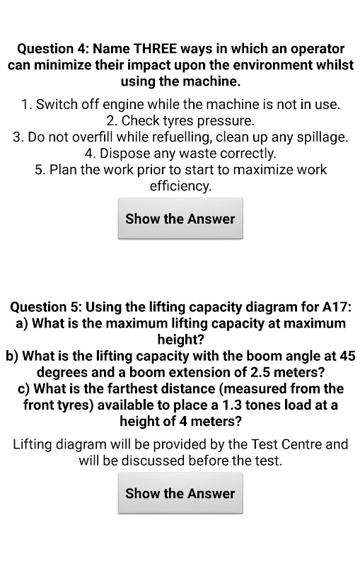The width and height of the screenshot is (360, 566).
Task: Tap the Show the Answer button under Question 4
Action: (x=180, y=219)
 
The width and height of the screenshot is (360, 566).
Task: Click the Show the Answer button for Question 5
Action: (x=180, y=493)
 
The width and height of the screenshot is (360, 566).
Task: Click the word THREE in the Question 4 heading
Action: (x=155, y=48)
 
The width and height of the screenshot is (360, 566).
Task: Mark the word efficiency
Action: (x=180, y=187)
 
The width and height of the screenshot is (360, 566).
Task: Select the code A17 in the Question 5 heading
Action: (x=336, y=307)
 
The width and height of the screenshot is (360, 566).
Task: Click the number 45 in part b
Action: (x=348, y=357)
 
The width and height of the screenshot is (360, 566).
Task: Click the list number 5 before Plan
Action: (x=40, y=170)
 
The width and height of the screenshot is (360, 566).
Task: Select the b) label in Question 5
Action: (x=12, y=357)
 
